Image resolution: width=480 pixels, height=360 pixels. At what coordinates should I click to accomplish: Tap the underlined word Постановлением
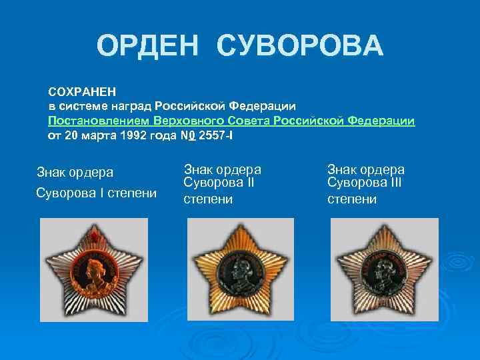coord(98,121)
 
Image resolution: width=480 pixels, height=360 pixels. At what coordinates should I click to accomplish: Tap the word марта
coord(91,135)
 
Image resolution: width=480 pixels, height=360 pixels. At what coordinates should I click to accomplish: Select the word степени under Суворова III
coord(352,199)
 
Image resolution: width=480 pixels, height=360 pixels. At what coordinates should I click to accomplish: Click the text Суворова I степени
coord(96,193)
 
